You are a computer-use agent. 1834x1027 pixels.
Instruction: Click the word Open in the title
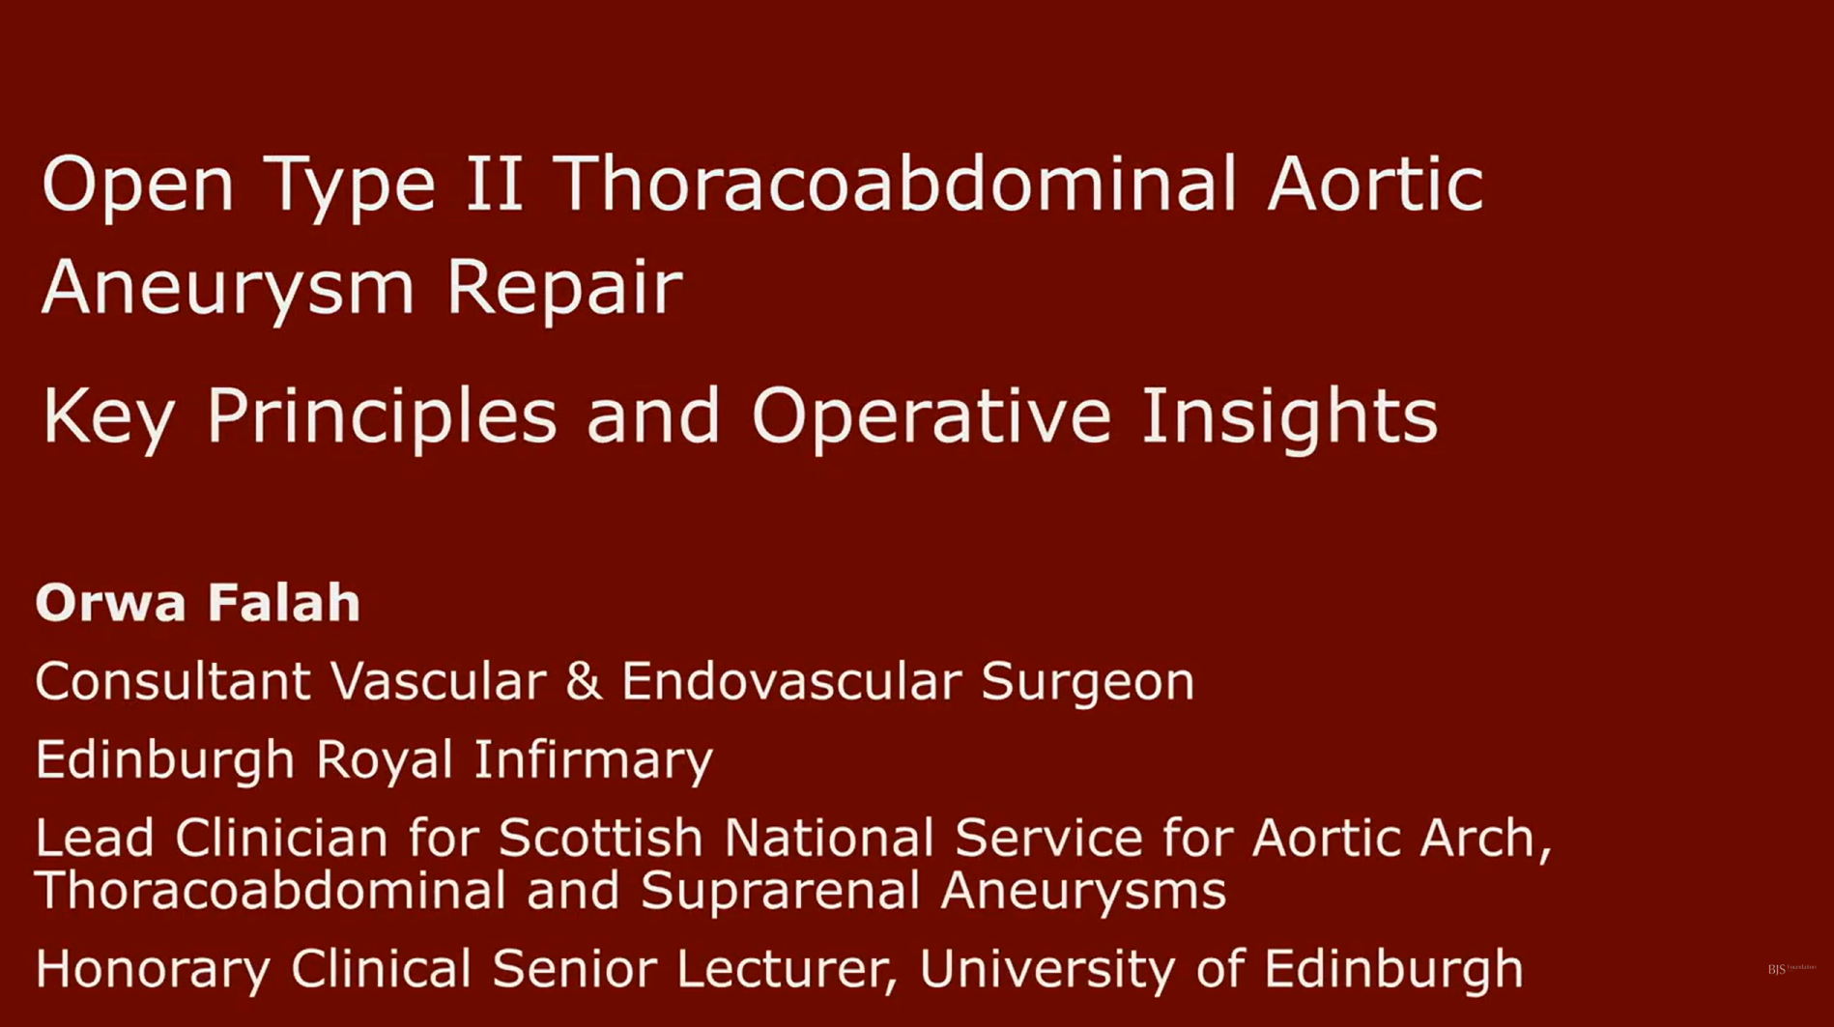point(137,185)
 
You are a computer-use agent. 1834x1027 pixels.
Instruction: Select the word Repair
point(564,288)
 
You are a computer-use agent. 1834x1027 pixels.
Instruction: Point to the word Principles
point(382,416)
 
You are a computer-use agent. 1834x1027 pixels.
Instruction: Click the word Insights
point(1289,416)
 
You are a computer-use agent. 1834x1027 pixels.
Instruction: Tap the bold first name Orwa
point(110,603)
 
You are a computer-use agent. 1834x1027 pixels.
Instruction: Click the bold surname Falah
point(283,603)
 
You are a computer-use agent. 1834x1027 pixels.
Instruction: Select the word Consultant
point(173,681)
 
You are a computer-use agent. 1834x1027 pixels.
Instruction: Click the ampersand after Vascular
point(584,681)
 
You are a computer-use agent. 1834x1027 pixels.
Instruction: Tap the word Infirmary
point(593,760)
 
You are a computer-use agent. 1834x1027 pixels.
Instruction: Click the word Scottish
point(600,838)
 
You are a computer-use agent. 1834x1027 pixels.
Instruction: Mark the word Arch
point(1485,838)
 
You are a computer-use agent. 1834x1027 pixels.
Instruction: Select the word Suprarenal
point(780,890)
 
